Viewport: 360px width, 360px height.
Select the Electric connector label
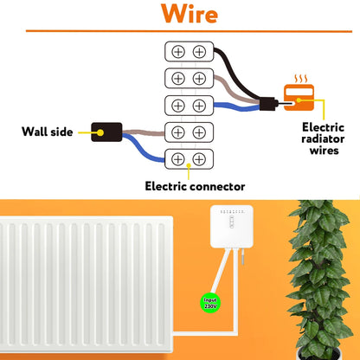pyautogui.click(x=195, y=185)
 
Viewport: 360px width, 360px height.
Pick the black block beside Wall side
pyautogui.click(x=104, y=132)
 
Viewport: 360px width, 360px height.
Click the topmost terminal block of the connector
pyautogui.click(x=188, y=52)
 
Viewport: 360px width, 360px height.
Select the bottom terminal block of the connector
pyautogui.click(x=188, y=159)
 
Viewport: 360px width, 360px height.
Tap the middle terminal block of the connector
pyautogui.click(x=188, y=106)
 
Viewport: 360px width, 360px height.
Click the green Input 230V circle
pyautogui.click(x=210, y=304)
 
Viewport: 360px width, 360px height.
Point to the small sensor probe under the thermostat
pyautogui.click(x=246, y=259)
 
